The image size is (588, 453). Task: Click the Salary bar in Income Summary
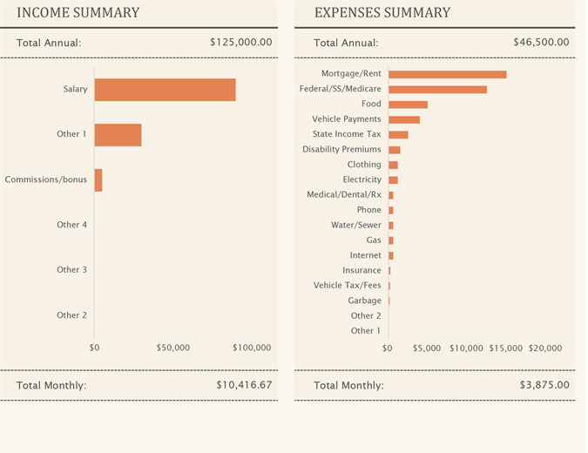click(x=165, y=90)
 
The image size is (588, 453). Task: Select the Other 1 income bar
click(x=118, y=135)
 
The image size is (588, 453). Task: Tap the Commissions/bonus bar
click(x=98, y=180)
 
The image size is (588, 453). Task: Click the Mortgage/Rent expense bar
click(x=447, y=74)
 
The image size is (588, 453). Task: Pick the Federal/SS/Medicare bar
click(x=437, y=89)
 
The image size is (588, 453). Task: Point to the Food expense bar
click(x=408, y=105)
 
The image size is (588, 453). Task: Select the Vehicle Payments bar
click(x=404, y=119)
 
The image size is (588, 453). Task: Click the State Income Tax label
click(x=347, y=134)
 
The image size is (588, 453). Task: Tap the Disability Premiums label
click(x=341, y=149)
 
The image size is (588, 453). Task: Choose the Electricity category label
click(x=362, y=179)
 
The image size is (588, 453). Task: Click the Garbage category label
click(x=364, y=301)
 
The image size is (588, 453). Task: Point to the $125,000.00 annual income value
click(x=241, y=42)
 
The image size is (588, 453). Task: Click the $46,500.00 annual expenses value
click(x=541, y=42)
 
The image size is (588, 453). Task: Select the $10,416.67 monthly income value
click(x=244, y=384)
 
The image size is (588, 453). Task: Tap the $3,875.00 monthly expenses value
click(x=544, y=384)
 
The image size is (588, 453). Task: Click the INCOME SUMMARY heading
click(x=78, y=13)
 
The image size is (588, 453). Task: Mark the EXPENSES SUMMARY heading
click(x=382, y=13)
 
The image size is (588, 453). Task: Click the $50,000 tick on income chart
click(x=172, y=348)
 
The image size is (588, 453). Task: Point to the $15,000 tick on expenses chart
click(x=505, y=348)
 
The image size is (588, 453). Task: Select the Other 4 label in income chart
click(x=71, y=225)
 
